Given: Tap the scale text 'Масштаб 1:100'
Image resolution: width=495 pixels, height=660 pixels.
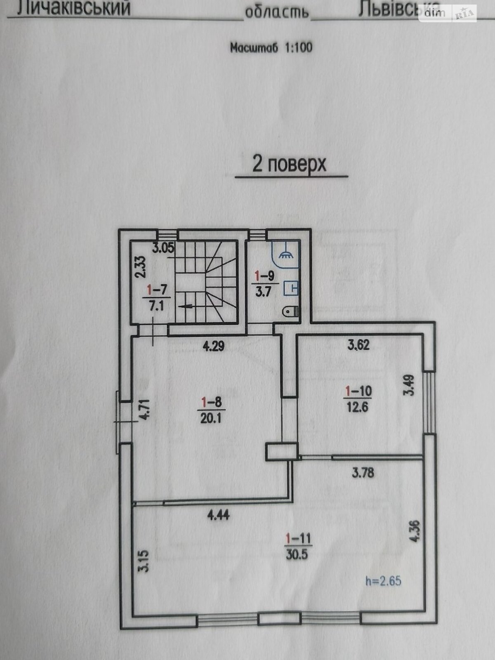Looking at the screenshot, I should (271, 47).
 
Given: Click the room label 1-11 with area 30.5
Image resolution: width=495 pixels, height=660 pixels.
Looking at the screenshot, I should (297, 546).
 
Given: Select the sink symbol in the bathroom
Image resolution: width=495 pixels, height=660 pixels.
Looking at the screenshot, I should (291, 288).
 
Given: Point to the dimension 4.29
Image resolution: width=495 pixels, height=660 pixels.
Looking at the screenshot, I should (213, 346).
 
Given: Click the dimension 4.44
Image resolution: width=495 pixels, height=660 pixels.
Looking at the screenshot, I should (218, 515).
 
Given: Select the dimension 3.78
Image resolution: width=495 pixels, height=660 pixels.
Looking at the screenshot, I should (363, 472).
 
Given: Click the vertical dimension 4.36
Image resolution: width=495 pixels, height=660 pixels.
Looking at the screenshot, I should (415, 532).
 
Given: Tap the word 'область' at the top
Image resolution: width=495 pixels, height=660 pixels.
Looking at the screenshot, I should (277, 13).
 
